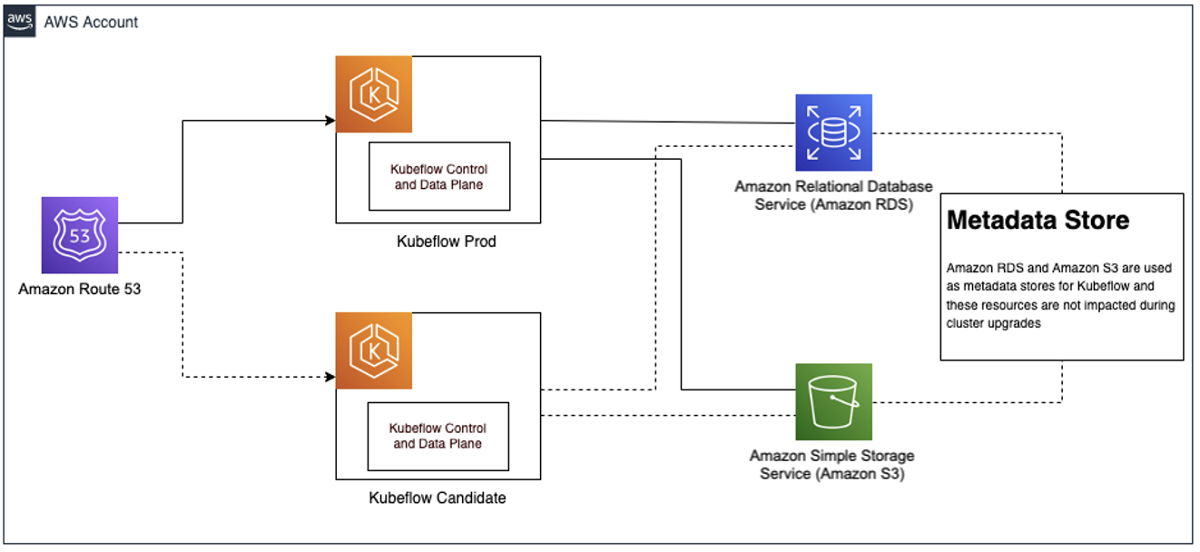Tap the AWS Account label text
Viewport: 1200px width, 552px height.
pos(91,23)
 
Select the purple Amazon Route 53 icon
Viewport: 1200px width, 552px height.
pos(80,235)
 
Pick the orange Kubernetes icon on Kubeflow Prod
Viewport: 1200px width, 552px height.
pos(374,94)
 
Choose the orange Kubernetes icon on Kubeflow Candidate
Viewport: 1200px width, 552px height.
pos(374,350)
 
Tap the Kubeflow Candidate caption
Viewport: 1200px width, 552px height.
pos(438,498)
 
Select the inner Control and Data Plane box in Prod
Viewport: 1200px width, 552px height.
pos(438,177)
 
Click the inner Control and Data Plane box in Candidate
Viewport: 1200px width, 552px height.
pos(438,436)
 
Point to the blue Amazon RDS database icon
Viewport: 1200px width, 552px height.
pos(833,133)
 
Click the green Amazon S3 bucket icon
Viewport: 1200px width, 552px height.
pos(833,401)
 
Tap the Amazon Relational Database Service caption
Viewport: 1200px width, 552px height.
pos(833,195)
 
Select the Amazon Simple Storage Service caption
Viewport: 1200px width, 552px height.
pos(832,464)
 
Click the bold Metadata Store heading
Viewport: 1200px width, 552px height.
pos(1038,220)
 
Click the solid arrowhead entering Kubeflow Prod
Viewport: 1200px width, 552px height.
pos(330,119)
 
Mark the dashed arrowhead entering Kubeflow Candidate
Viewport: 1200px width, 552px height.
pos(330,376)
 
